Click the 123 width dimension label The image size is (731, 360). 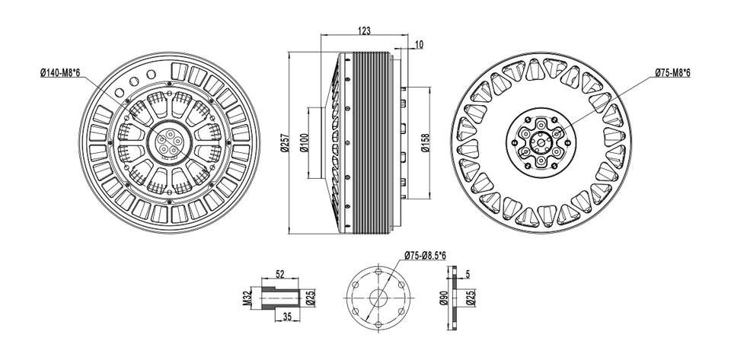[x=364, y=30]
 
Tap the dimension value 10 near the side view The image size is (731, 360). [x=419, y=45]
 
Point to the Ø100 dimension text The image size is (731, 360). [x=304, y=143]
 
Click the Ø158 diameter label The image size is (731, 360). [x=425, y=143]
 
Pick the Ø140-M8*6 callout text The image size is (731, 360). [x=60, y=72]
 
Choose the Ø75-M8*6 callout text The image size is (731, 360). [x=672, y=72]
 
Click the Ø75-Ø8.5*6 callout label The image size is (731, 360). [x=425, y=256]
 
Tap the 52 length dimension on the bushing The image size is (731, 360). [x=279, y=274]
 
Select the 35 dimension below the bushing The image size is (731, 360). [x=287, y=317]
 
